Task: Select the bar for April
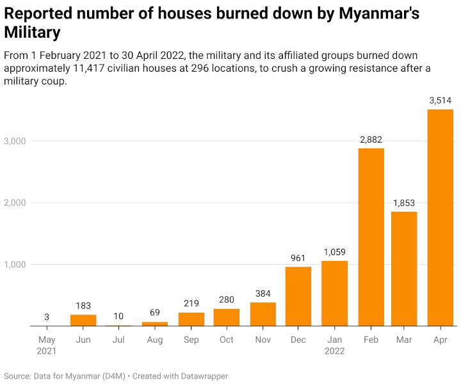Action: pyautogui.click(x=440, y=217)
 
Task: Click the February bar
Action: pyautogui.click(x=371, y=237)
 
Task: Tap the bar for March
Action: pyautogui.click(x=404, y=269)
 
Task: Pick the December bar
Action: pyautogui.click(x=298, y=296)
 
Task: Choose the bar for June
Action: pyautogui.click(x=83, y=320)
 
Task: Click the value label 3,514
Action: pyautogui.click(x=441, y=100)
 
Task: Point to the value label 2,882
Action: pyautogui.click(x=371, y=139)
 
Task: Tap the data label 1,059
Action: pyautogui.click(x=335, y=252)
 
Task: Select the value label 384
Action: pyautogui.click(x=263, y=294)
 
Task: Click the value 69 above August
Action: pyautogui.click(x=155, y=313)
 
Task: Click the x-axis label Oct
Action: pyautogui.click(x=227, y=340)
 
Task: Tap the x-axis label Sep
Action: pyautogui.click(x=191, y=340)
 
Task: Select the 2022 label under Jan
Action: pyautogui.click(x=335, y=351)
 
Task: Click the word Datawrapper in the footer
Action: pyautogui.click(x=198, y=376)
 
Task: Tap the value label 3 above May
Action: pyautogui.click(x=47, y=317)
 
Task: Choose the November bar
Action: pyautogui.click(x=263, y=314)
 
